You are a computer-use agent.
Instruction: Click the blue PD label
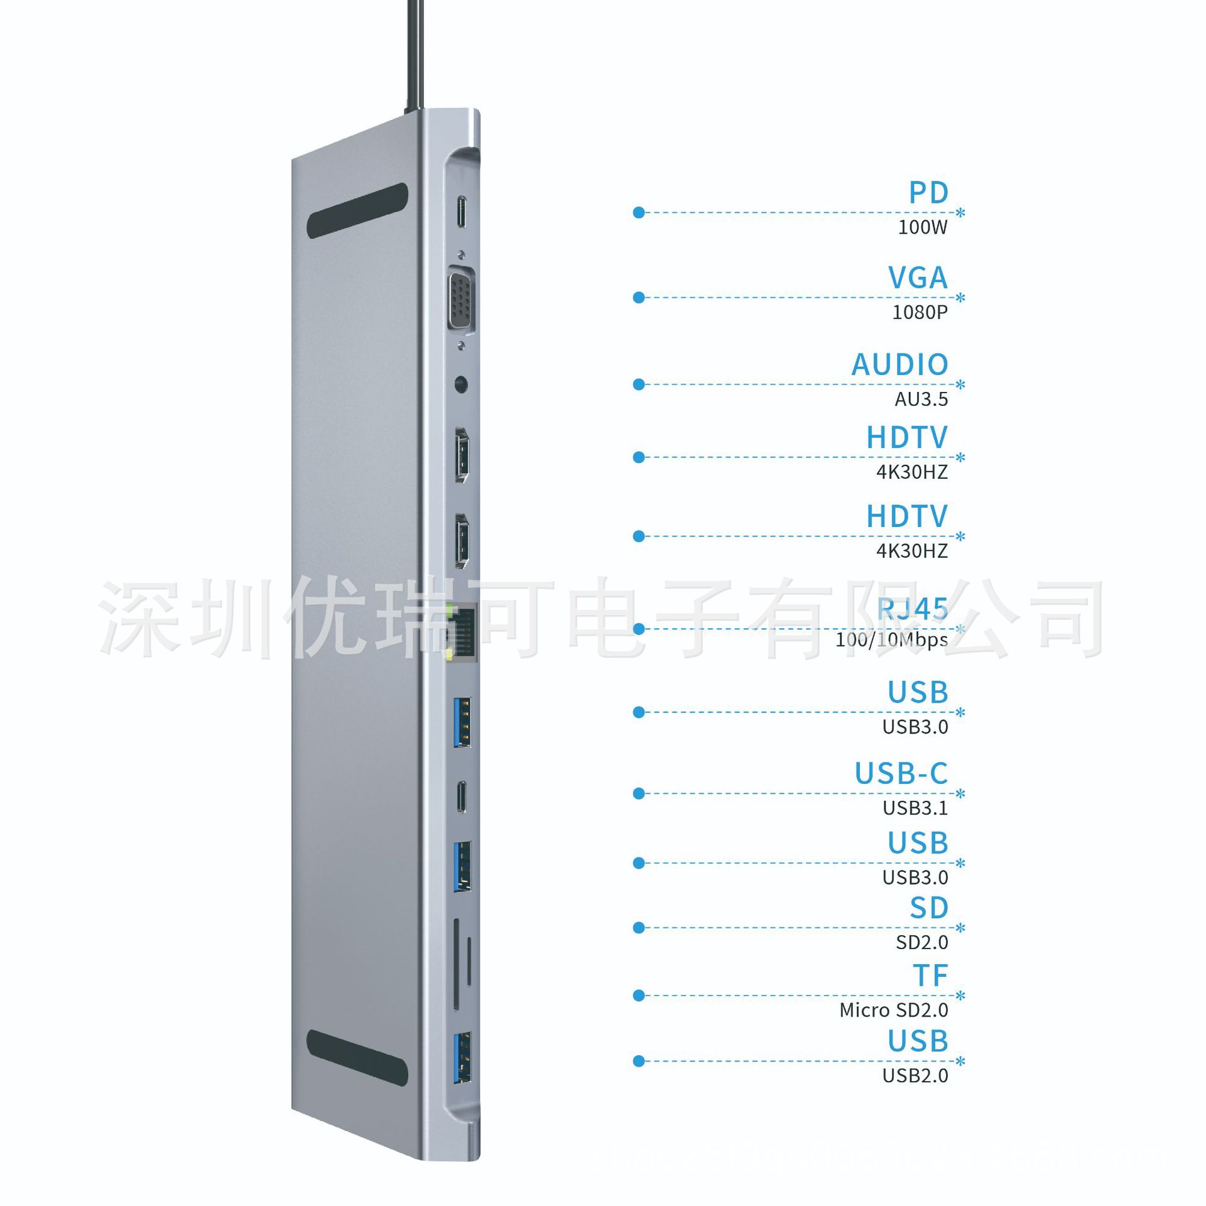pos(928,193)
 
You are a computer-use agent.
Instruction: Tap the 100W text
pos(922,227)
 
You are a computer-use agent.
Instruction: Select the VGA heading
pos(917,278)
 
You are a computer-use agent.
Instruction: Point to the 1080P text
pos(920,312)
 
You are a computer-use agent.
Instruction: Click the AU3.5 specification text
pos(921,399)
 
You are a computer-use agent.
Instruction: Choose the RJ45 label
pos(912,609)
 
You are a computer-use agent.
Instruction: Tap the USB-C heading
pos(901,774)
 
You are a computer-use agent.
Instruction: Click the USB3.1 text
pos(915,808)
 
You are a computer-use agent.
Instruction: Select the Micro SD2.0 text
pos(893,1010)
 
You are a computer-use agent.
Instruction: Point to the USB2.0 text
pos(915,1076)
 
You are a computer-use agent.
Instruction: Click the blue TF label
pos(930,976)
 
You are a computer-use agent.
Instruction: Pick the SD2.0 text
pos(921,942)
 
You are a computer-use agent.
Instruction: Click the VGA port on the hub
pos(461,300)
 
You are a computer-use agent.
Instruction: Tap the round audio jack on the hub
pos(462,384)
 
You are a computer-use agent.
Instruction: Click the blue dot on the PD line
pos(639,213)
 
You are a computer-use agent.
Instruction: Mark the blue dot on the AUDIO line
pos(639,384)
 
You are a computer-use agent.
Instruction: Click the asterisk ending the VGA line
pos(960,298)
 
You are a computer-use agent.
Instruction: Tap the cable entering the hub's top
pos(414,57)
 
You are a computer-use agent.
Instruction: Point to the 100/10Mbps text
pos(891,640)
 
